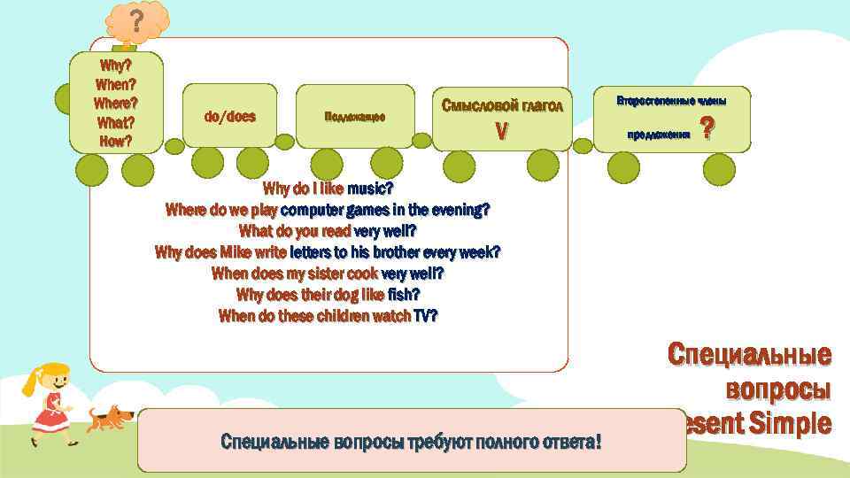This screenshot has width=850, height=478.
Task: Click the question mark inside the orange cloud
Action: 136,20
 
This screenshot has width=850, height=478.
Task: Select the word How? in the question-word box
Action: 115,141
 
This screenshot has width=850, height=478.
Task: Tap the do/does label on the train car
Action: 229,116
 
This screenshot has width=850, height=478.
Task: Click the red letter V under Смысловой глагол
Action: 501,132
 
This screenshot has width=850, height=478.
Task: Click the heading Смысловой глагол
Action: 501,106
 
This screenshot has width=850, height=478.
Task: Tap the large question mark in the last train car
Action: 706,129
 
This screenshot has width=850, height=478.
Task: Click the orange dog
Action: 111,417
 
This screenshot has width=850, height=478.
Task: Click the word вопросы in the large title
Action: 777,389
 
